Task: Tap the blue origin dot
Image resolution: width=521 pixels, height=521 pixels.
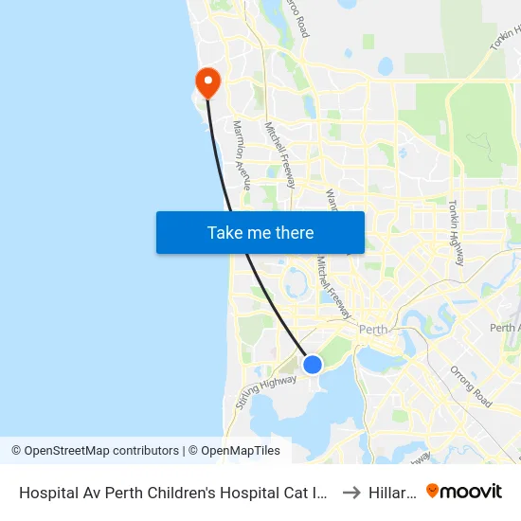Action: point(312,364)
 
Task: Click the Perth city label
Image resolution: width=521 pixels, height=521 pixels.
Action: point(375,330)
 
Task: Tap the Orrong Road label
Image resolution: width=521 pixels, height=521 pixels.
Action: point(471,386)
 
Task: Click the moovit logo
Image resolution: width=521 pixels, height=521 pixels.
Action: point(464,491)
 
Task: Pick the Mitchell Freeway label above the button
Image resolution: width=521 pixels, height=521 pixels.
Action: point(281,153)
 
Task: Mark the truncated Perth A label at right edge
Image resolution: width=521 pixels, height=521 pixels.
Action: point(504,328)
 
